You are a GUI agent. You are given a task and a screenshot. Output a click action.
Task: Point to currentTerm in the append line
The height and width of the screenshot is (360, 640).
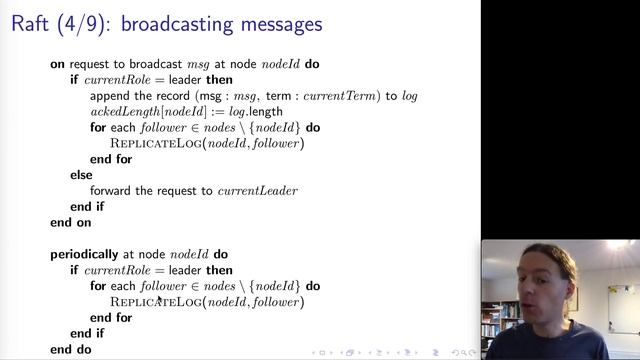(x=350, y=96)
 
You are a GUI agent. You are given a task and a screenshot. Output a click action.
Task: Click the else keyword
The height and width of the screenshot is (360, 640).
(x=81, y=175)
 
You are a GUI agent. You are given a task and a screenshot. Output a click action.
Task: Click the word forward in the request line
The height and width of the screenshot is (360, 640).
(x=112, y=191)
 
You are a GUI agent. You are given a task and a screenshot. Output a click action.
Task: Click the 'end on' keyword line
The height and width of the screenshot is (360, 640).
(x=70, y=222)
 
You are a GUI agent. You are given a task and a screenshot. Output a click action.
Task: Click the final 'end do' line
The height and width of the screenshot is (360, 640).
(x=70, y=349)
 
